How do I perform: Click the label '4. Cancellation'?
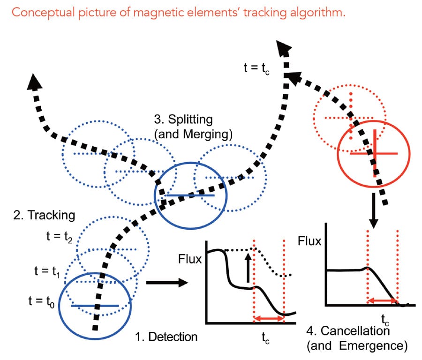[348, 331]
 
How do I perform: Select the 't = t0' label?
[42, 301]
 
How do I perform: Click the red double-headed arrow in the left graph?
[268, 319]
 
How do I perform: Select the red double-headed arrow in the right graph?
[382, 300]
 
